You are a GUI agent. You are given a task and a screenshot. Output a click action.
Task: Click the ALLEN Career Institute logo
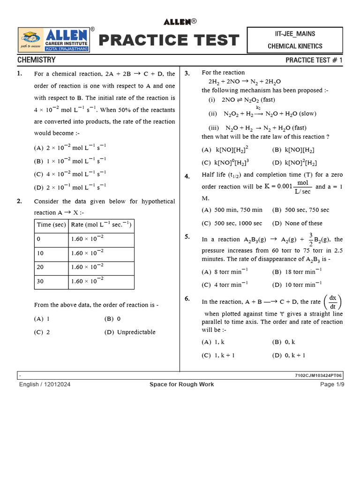click(54, 40)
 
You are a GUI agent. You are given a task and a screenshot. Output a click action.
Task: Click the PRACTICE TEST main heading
click(169, 40)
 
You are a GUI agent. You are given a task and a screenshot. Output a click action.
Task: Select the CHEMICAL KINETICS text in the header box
click(295, 46)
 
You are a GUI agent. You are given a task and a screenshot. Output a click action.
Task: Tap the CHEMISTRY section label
click(37, 60)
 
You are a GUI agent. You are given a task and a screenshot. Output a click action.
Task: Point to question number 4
click(187, 176)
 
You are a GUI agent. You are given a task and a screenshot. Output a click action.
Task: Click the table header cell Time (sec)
click(51, 225)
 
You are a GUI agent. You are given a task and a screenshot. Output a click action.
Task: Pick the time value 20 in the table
click(41, 267)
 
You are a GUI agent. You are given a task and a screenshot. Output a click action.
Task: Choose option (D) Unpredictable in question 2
click(130, 332)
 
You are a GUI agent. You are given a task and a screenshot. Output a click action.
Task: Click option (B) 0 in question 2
click(112, 319)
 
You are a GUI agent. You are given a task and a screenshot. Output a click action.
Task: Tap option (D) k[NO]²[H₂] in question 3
click(294, 163)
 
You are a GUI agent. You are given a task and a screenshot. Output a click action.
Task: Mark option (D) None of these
click(297, 223)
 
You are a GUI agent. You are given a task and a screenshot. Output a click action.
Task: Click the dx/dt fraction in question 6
click(333, 302)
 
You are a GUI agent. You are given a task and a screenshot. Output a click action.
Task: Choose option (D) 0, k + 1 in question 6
click(289, 355)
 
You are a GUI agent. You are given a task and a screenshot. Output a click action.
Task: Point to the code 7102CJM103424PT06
click(319, 375)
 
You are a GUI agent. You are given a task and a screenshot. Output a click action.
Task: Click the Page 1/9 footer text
click(332, 384)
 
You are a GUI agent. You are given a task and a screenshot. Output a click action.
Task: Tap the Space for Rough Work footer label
click(181, 384)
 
